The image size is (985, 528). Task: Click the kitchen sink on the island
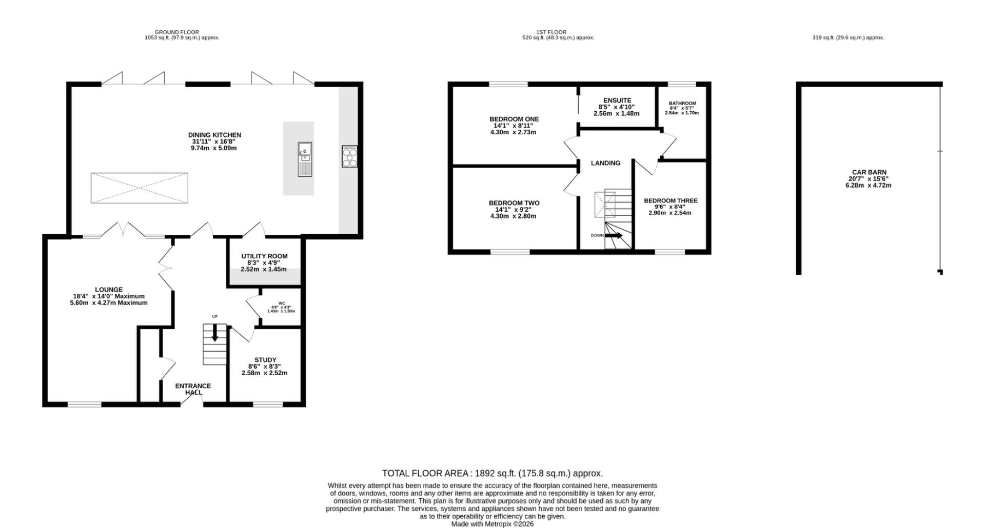305,159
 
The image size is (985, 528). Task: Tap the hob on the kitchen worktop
350,156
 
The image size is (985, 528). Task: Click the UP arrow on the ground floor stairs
214,334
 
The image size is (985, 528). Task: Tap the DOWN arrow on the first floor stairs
614,235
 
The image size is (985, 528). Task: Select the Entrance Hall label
193,389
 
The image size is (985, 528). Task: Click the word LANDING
605,163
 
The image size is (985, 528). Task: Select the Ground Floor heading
177,32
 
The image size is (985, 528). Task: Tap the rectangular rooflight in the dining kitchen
140,188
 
